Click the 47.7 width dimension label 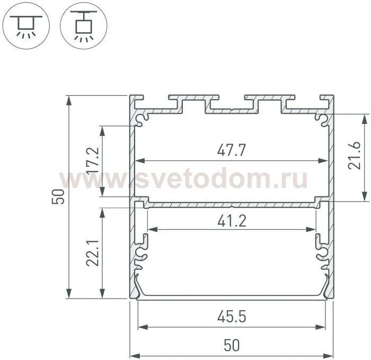[x=232, y=150]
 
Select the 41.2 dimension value [x=232, y=221]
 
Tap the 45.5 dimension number [x=232, y=317]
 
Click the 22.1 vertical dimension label [x=93, y=253]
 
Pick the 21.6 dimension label [x=354, y=155]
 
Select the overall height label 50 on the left [x=58, y=196]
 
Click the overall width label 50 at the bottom [x=232, y=345]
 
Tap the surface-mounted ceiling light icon [x=26, y=25]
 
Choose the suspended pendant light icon [x=84, y=25]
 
